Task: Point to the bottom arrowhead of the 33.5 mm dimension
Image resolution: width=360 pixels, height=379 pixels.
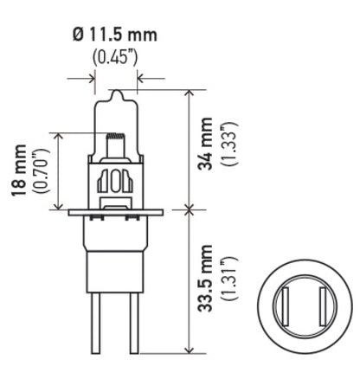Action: click(189, 350)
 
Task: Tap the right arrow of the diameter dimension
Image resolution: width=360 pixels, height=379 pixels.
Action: click(137, 79)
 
